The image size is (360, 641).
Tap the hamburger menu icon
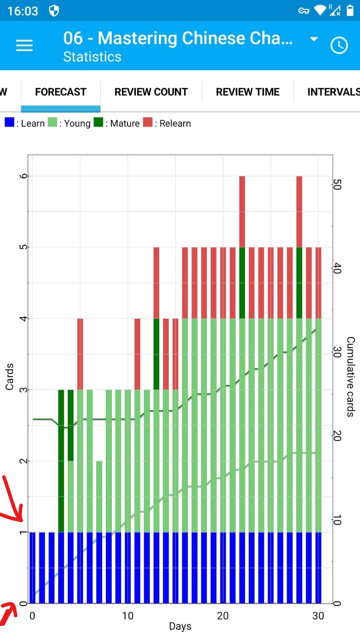tap(24, 45)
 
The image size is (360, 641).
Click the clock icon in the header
tap(339, 45)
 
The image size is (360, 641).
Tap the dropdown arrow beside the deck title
tap(314, 39)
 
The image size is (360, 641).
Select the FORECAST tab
tap(61, 92)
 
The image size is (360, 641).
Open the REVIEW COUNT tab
tap(151, 92)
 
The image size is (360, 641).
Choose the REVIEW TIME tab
tap(247, 92)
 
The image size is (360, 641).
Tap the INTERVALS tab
tap(333, 92)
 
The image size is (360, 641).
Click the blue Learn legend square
tap(9, 122)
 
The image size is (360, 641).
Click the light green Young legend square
tap(52, 122)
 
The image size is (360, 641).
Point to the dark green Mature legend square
tap(98, 122)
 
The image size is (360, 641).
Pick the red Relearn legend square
tap(148, 122)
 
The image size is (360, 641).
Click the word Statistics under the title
tap(92, 57)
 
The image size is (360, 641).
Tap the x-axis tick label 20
tap(222, 616)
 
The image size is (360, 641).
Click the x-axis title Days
tap(180, 626)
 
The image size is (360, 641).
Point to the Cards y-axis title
tap(9, 377)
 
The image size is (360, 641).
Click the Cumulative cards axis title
tap(350, 377)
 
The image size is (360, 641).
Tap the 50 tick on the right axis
tap(337, 185)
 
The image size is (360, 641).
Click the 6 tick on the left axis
tap(23, 176)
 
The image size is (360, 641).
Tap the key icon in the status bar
tap(303, 11)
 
